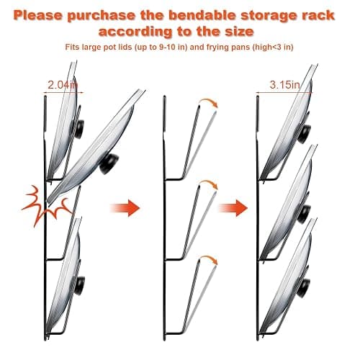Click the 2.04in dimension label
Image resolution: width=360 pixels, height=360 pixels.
pyautogui.click(x=63, y=85)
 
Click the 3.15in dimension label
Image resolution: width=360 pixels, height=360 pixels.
pyautogui.click(x=285, y=85)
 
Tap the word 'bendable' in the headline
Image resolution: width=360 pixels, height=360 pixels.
pyautogui.click(x=202, y=16)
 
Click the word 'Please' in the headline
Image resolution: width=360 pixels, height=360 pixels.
pyautogui.click(x=38, y=16)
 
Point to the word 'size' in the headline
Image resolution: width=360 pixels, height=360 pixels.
pyautogui.click(x=239, y=32)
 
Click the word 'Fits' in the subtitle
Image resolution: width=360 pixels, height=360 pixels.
pyautogui.click(x=72, y=47)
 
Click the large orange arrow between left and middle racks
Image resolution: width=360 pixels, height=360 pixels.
pyautogui.click(x=125, y=208)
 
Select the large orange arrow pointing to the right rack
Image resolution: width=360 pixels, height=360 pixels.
pyautogui.click(x=233, y=208)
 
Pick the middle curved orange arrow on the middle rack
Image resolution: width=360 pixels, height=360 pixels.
pyautogui.click(x=210, y=184)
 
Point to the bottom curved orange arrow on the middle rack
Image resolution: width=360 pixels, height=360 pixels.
pyautogui.click(x=210, y=260)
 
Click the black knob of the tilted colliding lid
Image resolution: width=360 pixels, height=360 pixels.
pyautogui.click(x=109, y=163)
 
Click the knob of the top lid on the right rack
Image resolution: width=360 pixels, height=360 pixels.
pyautogui.click(x=304, y=133)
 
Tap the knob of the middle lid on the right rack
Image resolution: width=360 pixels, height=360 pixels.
pyautogui.click(x=304, y=214)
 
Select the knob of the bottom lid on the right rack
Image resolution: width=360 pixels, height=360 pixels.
pyautogui.click(x=303, y=288)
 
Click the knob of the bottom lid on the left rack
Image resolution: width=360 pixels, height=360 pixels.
pyautogui.click(x=80, y=286)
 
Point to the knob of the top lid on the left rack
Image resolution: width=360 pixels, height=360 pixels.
pyautogui.click(x=79, y=129)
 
